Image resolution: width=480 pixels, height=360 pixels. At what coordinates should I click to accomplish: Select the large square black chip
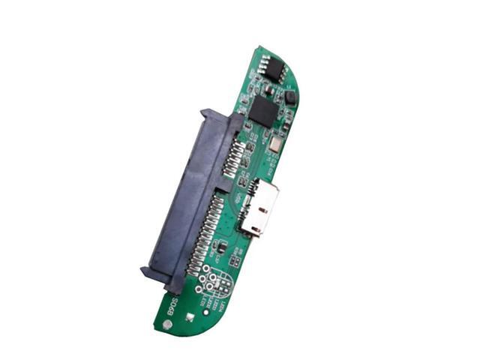tap(264, 111)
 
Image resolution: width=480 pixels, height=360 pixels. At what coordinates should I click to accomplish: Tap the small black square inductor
tap(290, 97)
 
